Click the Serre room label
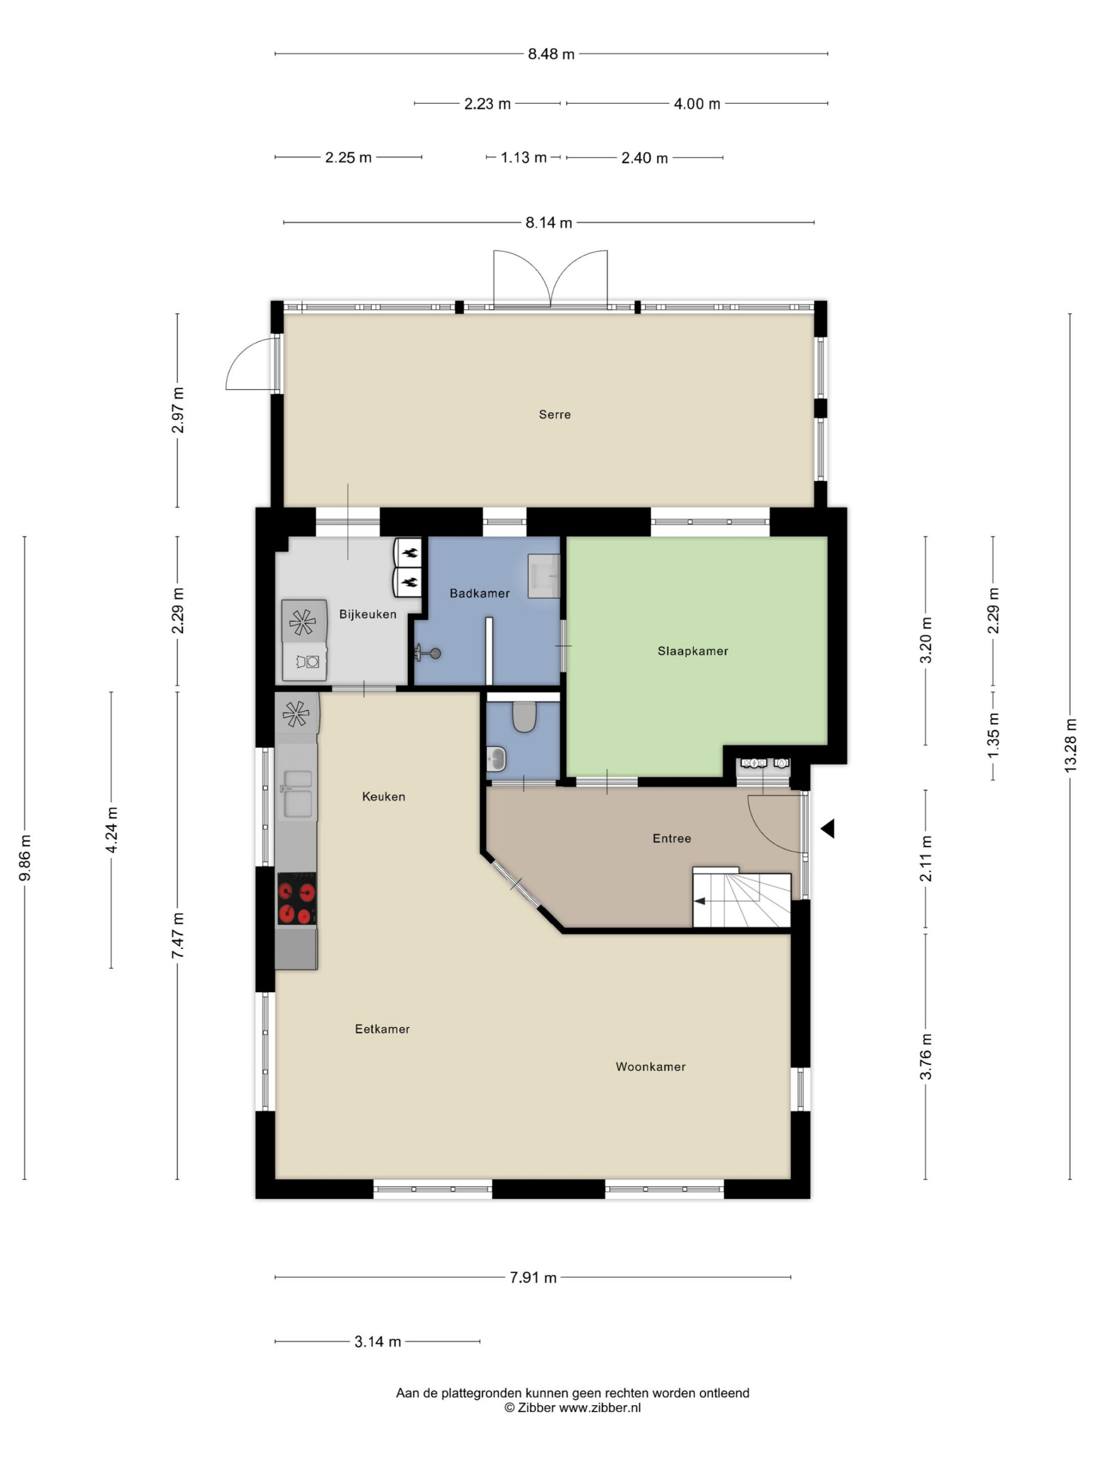tap(554, 415)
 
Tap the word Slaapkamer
tap(692, 651)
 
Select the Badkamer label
tap(479, 593)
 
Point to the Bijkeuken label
tap(368, 614)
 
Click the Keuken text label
tap(383, 797)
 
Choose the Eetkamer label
tap(382, 1029)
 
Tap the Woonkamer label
tap(650, 1066)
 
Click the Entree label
tap(672, 838)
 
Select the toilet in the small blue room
tap(524, 716)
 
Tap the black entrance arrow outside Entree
tap(828, 828)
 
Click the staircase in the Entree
tap(741, 899)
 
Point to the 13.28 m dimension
tap(1070, 744)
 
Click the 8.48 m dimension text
tap(551, 54)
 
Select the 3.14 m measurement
tap(378, 1341)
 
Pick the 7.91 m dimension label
tap(533, 1277)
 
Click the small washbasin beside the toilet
tap(496, 759)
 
